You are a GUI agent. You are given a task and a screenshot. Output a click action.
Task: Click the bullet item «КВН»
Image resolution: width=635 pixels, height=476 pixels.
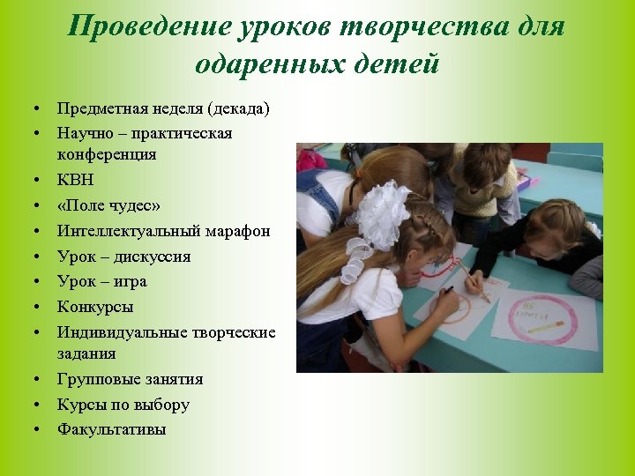(x=75, y=180)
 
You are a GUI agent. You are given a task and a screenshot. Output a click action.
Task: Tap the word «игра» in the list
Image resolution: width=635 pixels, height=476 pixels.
(x=128, y=282)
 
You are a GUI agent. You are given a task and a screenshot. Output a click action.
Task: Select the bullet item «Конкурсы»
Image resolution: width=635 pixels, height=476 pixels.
(x=95, y=308)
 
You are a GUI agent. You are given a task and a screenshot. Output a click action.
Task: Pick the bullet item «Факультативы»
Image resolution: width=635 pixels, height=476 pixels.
(x=111, y=430)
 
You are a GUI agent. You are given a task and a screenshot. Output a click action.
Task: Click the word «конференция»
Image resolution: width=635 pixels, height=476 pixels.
(x=107, y=154)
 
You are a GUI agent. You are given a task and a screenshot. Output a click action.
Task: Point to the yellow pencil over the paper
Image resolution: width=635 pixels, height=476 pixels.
(x=474, y=281)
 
